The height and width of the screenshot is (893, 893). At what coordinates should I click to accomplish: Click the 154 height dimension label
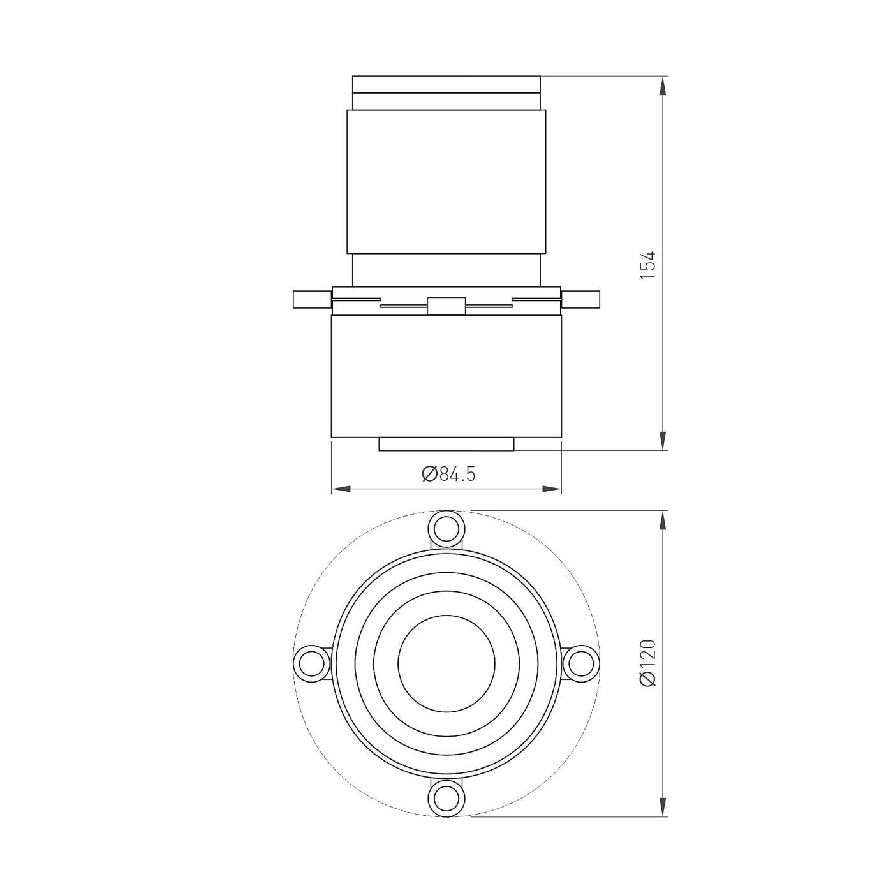(648, 265)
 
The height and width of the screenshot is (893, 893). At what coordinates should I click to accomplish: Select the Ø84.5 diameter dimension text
(448, 475)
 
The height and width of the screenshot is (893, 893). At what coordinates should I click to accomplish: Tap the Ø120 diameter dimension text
(648, 663)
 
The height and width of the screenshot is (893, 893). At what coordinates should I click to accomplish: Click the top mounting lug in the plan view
(446, 528)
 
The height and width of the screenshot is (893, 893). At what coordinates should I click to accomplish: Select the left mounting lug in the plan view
(311, 662)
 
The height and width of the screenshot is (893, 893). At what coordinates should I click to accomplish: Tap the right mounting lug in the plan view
(580, 662)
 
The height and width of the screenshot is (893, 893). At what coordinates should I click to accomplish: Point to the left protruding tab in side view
(312, 299)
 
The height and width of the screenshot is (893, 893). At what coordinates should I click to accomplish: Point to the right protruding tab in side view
(580, 299)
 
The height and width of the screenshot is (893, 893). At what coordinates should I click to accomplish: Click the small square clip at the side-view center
(446, 306)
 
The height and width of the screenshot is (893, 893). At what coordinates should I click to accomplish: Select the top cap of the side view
(446, 85)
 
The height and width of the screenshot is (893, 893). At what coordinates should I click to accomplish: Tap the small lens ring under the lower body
(446, 444)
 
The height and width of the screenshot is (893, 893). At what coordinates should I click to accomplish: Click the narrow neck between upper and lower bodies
(446, 269)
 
